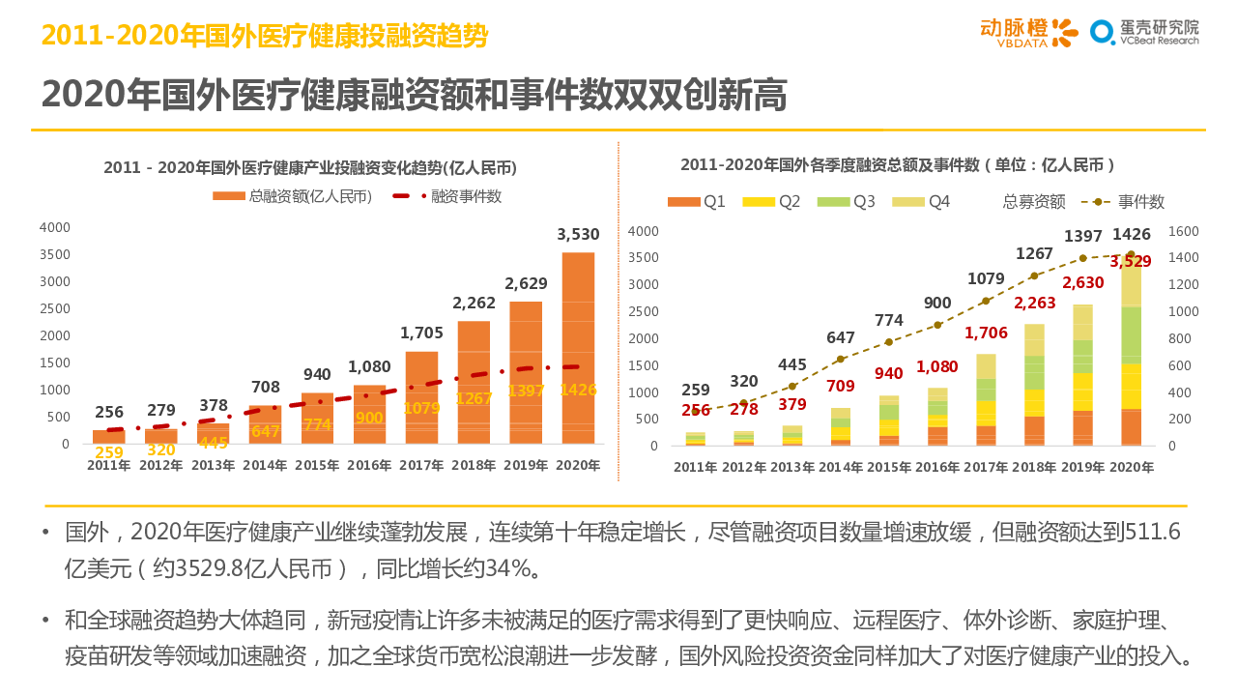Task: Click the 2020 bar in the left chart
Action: coord(578,348)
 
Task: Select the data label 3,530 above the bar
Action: coord(578,234)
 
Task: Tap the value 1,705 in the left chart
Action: coord(421,333)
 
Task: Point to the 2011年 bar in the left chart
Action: coord(109,437)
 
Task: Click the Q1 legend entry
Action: coord(697,202)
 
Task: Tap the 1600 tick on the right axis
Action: coord(1184,231)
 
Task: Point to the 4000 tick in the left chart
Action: coord(55,227)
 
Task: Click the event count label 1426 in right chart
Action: coord(1131,235)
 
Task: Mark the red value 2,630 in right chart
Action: coord(1082,283)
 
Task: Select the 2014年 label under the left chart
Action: coord(265,465)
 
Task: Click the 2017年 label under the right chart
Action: coord(985,468)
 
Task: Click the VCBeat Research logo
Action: coord(1145,33)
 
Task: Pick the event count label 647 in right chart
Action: coord(841,338)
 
